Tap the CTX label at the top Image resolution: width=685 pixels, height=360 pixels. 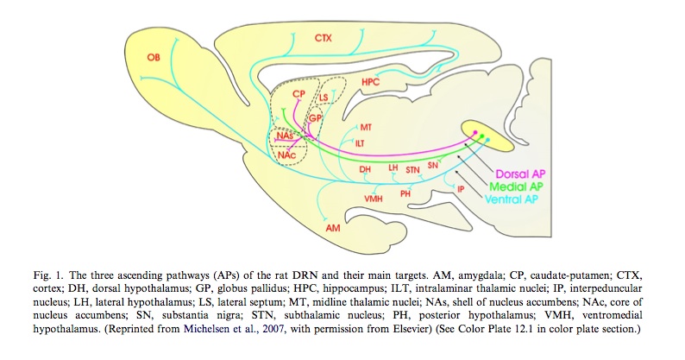324,38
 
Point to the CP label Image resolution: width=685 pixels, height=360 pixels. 299,92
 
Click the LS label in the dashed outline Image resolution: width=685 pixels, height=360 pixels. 324,98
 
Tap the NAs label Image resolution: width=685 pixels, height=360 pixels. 285,136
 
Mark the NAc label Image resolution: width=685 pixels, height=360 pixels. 285,153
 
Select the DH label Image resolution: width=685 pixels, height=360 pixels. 365,169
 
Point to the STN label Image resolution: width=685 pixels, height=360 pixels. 413,170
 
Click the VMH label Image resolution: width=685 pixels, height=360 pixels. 374,199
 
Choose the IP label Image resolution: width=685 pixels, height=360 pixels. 461,188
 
